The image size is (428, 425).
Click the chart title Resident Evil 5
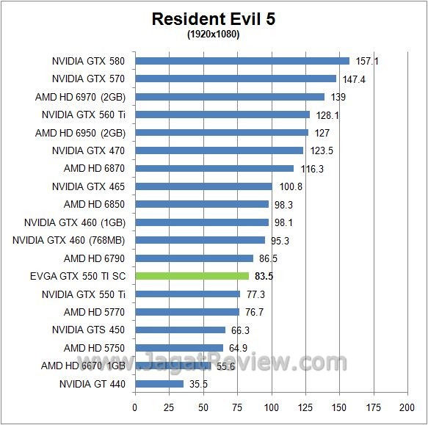[214, 19]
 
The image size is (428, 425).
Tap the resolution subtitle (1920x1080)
[214, 34]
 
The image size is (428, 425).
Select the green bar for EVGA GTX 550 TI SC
[192, 276]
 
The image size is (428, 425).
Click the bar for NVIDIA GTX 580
[242, 61]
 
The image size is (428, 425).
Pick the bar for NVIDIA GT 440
[159, 383]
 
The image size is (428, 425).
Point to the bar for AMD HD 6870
[214, 168]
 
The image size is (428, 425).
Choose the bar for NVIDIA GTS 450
[180, 330]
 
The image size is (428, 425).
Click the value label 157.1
[368, 61]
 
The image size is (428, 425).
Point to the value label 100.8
[291, 186]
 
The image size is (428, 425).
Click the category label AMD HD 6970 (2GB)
[80, 97]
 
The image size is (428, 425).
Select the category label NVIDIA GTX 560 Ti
[83, 115]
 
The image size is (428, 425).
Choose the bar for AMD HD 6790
[194, 258]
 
